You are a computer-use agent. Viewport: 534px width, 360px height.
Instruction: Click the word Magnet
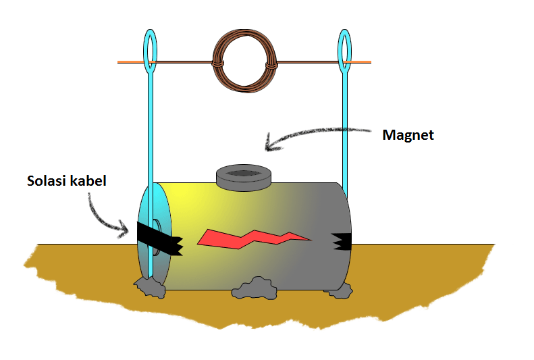(x=408, y=135)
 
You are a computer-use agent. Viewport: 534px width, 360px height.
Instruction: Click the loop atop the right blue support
(x=345, y=49)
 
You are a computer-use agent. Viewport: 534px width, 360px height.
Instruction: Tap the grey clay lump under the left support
(x=150, y=287)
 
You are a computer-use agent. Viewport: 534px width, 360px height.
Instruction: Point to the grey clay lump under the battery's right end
(x=338, y=290)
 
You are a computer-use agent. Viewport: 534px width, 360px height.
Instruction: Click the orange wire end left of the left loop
(x=129, y=62)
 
